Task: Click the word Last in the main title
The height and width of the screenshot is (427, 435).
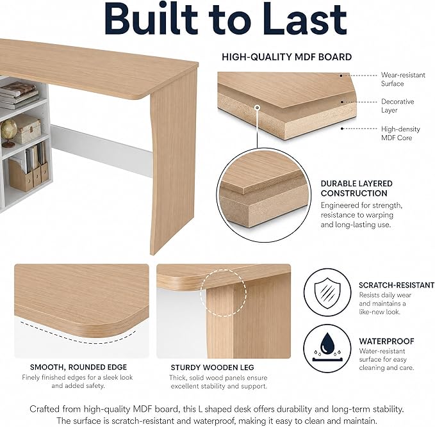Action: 304,19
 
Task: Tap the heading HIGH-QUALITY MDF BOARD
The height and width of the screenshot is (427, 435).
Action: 286,57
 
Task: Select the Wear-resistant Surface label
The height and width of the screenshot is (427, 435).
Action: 403,79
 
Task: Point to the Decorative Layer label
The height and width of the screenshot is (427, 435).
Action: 397,106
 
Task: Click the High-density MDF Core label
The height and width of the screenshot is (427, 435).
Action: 400,133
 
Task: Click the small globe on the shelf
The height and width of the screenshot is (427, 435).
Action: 8,133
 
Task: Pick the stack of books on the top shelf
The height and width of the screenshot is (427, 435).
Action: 19,95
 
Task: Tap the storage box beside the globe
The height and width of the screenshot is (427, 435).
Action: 28,129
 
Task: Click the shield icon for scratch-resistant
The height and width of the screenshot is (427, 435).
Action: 327,293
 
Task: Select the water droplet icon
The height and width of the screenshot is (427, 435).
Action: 327,344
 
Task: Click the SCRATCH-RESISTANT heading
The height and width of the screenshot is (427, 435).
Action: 397,286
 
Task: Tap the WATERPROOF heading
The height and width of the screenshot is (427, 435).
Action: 386,341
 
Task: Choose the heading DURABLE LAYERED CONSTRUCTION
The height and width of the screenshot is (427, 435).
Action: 356,188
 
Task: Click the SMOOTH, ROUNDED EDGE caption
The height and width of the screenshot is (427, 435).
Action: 79,367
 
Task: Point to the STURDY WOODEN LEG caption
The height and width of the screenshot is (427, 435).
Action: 212,367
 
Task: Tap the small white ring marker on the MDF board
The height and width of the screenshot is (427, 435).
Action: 258,108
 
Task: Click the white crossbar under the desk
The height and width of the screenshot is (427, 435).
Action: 101,150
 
